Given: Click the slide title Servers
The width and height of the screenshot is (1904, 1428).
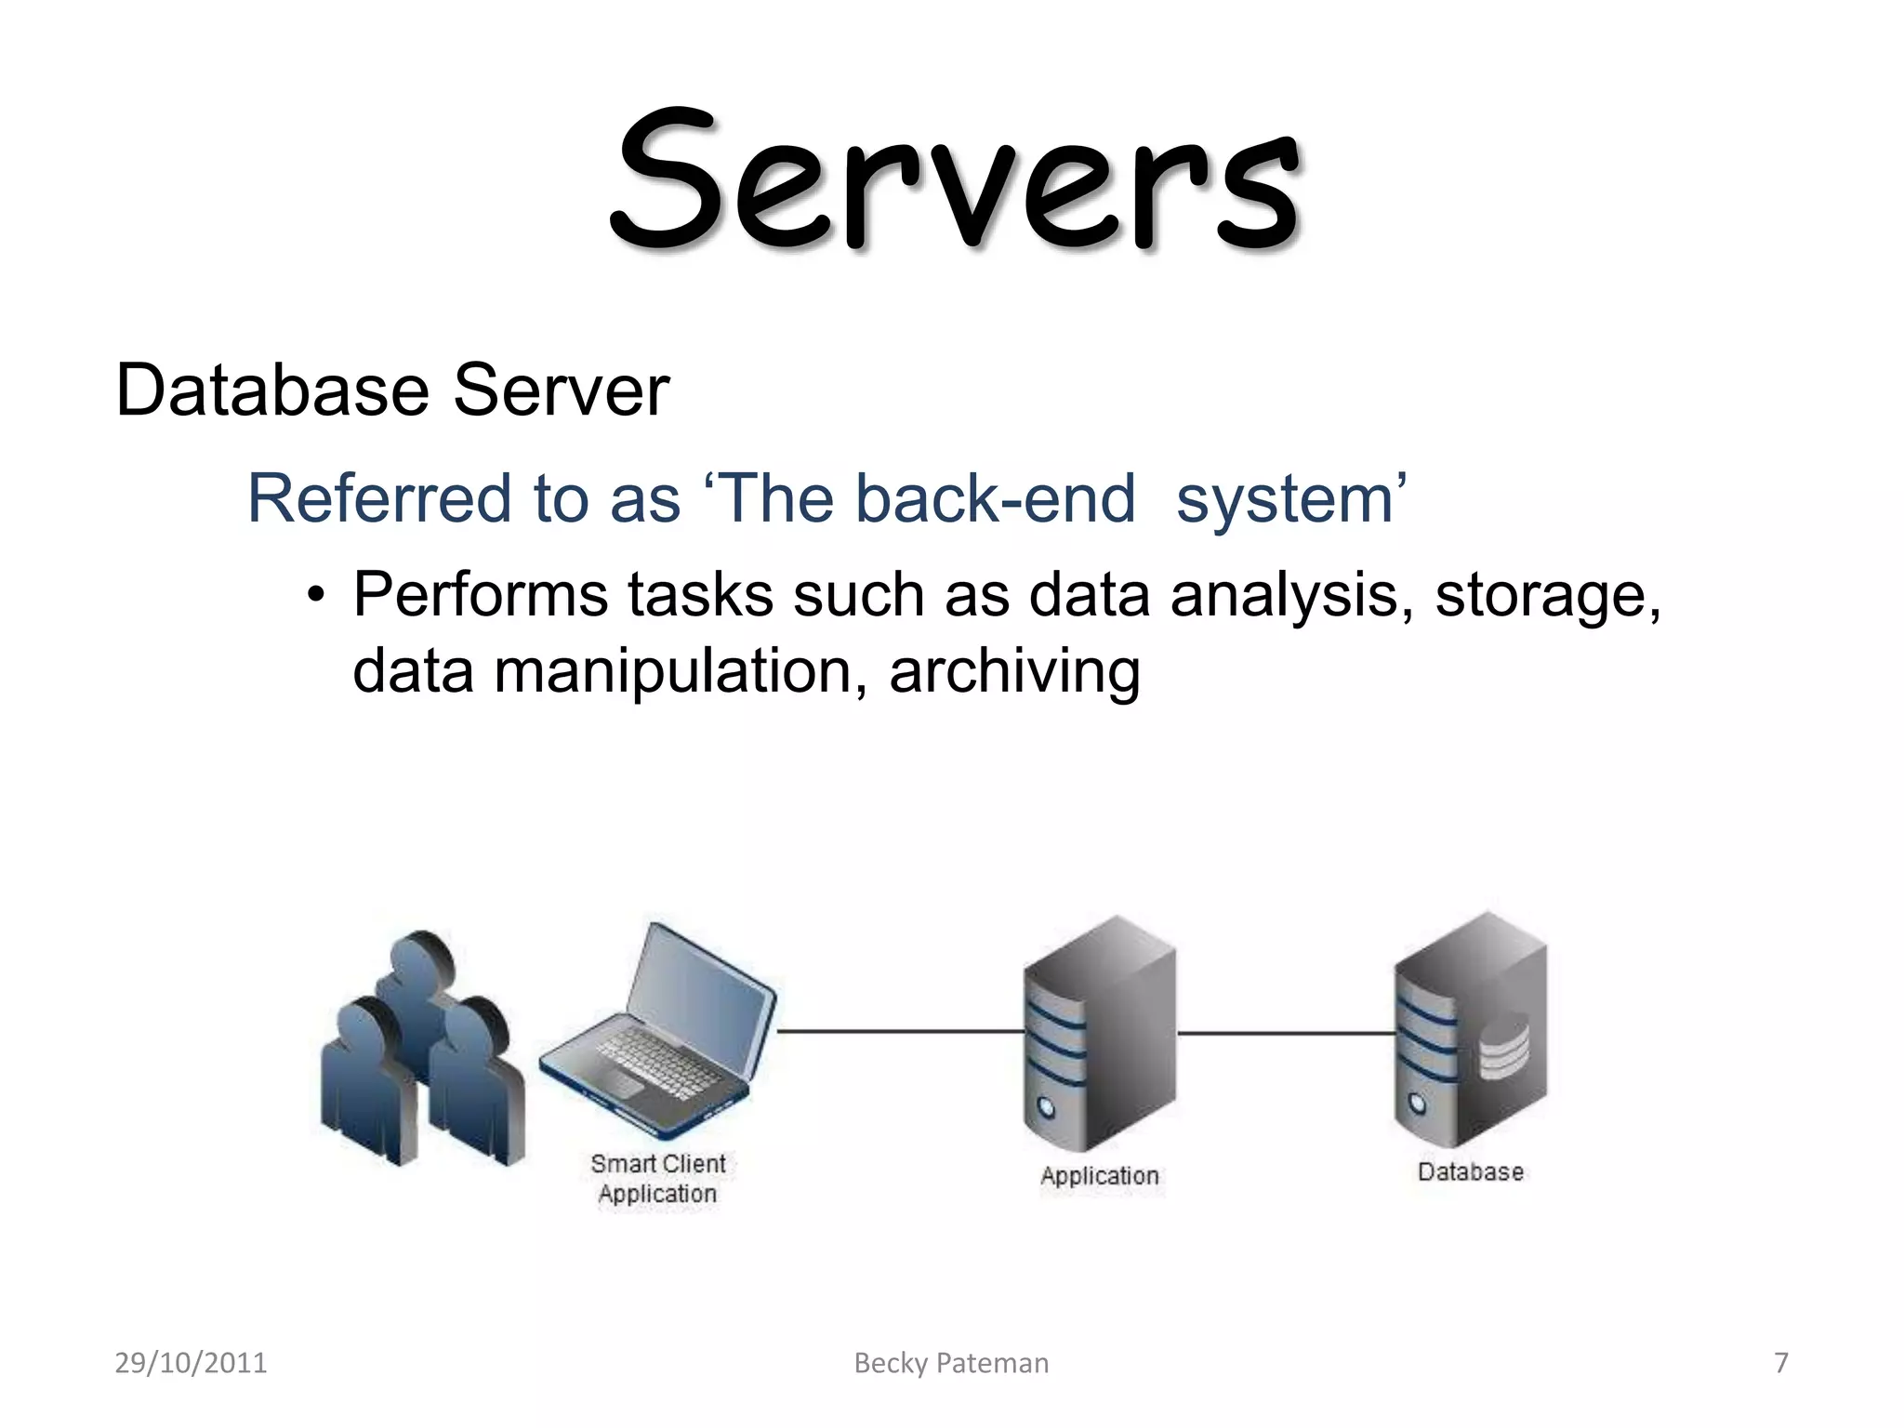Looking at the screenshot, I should [956, 181].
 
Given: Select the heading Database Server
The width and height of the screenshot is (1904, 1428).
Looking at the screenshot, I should [391, 390].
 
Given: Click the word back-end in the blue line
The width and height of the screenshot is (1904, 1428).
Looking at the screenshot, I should [995, 499].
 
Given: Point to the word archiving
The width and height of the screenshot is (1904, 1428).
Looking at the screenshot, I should [1013, 671].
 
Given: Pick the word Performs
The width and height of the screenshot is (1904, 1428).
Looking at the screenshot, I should [480, 595].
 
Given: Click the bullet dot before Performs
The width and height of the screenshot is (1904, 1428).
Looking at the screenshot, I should [317, 595].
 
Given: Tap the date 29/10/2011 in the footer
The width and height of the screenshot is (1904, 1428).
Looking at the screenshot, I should [191, 1363].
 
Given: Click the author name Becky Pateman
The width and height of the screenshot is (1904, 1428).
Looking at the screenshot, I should [951, 1363].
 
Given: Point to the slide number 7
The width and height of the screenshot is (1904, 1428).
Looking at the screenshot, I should [1780, 1363].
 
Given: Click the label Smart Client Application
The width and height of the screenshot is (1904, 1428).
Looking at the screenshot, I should [658, 1179].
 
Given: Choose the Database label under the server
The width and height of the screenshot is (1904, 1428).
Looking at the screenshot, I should [1470, 1172].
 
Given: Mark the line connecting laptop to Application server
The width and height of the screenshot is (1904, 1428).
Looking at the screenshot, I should [900, 1031].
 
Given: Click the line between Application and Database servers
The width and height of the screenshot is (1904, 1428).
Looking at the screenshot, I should [1285, 1033].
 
